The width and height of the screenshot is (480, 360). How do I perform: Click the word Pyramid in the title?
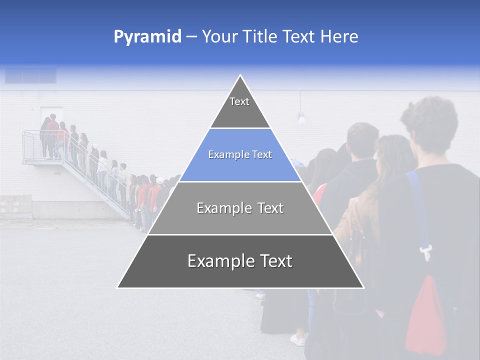point(147,37)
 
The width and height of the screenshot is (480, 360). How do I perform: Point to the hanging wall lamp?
point(301,118)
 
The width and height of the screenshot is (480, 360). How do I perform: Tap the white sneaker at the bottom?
point(298,340)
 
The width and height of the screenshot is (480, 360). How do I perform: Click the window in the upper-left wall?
point(30,75)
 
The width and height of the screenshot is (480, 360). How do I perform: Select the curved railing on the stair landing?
point(30,145)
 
